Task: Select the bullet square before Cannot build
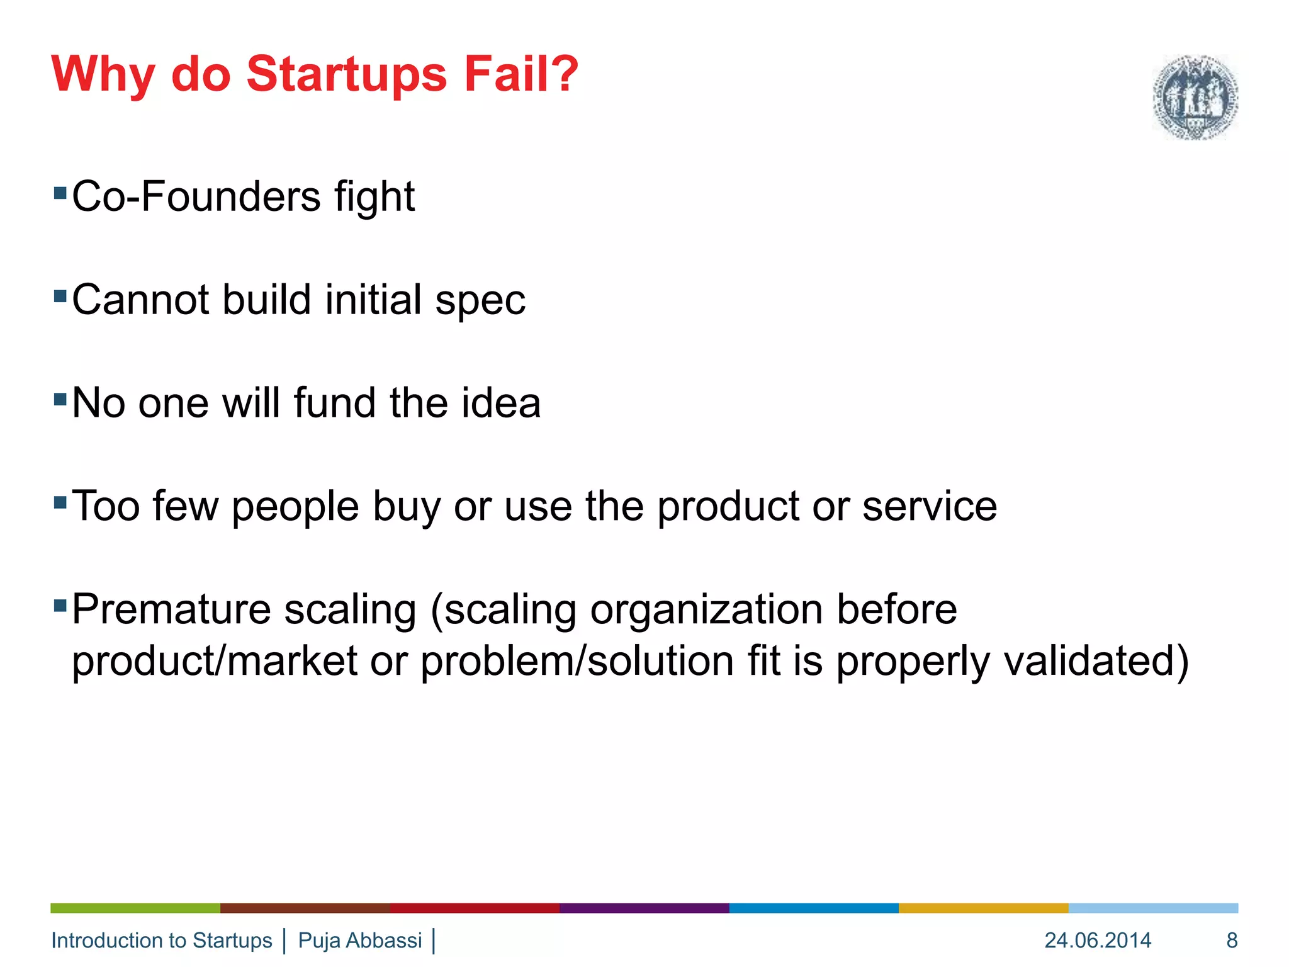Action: (60, 296)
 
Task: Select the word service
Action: (929, 506)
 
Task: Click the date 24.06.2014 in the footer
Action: (1098, 940)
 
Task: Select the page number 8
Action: (1232, 940)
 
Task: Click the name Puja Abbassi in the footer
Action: (360, 940)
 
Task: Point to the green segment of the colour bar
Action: (135, 908)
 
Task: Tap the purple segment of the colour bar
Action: (644, 908)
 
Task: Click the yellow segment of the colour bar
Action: (983, 908)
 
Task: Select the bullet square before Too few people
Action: (60, 502)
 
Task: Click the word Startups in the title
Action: (347, 74)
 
